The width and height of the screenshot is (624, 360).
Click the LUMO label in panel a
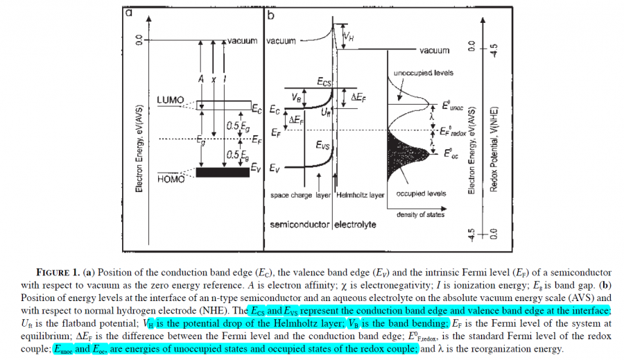pos(171,100)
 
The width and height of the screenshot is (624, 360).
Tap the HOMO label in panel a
pos(171,179)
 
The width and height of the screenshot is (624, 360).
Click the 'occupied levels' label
pos(421,194)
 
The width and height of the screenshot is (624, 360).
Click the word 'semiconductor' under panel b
pos(300,225)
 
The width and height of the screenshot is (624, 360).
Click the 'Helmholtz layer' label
pos(360,196)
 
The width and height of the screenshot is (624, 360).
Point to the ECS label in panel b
pos(326,83)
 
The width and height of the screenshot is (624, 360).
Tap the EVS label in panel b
pos(323,146)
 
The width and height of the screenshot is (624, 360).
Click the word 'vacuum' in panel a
pos(242,41)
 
